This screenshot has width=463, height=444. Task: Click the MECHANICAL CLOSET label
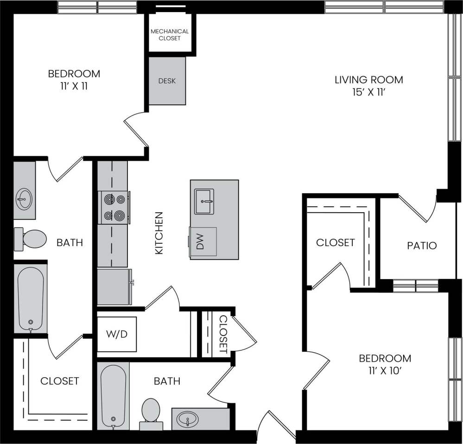[170, 35]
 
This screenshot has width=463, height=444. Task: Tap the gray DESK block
[167, 81]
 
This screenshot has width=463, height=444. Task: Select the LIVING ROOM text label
[368, 80]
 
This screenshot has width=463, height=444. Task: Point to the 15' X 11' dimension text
[368, 92]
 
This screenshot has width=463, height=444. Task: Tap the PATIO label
[422, 245]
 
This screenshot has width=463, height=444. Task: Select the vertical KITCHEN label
[159, 233]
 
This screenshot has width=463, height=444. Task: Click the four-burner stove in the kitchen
[114, 208]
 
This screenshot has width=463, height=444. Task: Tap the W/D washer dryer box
[117, 334]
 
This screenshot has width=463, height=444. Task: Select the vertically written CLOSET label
[223, 334]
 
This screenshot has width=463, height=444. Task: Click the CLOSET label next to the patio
[335, 242]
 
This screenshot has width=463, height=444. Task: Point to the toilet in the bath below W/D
[151, 412]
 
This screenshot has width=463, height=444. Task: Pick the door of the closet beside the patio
[329, 276]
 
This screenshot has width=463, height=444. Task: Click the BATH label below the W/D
[167, 381]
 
